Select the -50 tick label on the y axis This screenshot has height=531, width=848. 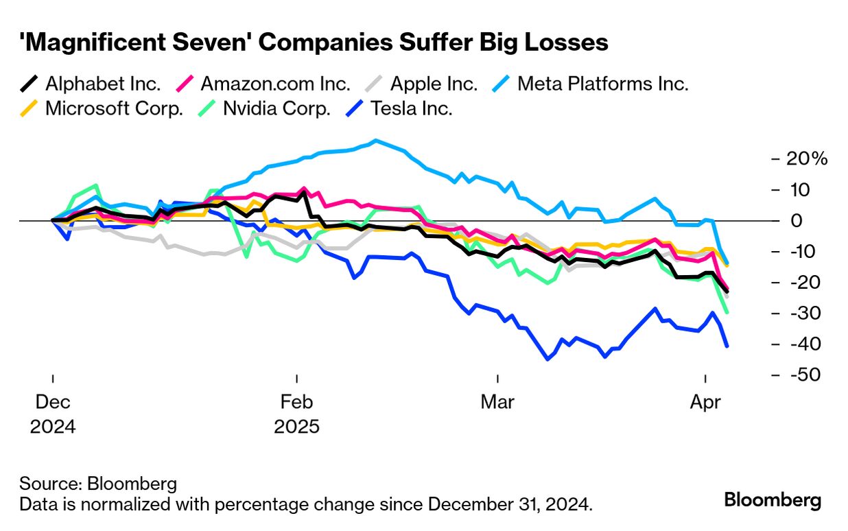[805, 375]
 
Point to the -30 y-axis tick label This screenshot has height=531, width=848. [805, 314]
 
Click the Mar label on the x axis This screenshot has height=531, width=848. [497, 402]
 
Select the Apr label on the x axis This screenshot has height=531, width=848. [705, 402]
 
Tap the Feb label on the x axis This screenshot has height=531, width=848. [296, 402]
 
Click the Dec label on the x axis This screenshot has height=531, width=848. [53, 402]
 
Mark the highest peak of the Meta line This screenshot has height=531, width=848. [375, 141]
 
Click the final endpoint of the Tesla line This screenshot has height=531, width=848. [727, 346]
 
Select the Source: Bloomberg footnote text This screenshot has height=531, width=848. [98, 483]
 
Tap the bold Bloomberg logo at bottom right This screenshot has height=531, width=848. [773, 500]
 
